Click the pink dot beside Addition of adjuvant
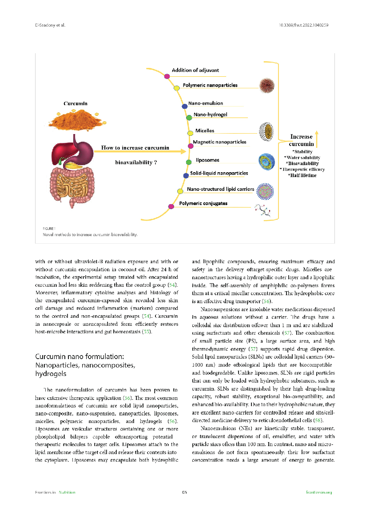pyautogui.click(x=167, y=76)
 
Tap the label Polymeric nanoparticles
pyautogui.click(x=210, y=85)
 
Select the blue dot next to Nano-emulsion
pyautogui.click(x=185, y=106)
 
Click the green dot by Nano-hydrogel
pyautogui.click(x=189, y=118)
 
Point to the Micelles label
pyautogui.click(x=205, y=131)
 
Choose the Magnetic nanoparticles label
pyautogui.click(x=219, y=142)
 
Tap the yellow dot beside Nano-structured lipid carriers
pyautogui.click(x=180, y=191)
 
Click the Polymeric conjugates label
pyautogui.click(x=203, y=203)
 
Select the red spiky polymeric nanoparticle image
pyautogui.click(x=267, y=85)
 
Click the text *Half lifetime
pyautogui.click(x=302, y=175)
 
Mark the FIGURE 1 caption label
pyautogui.click(x=49, y=228)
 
